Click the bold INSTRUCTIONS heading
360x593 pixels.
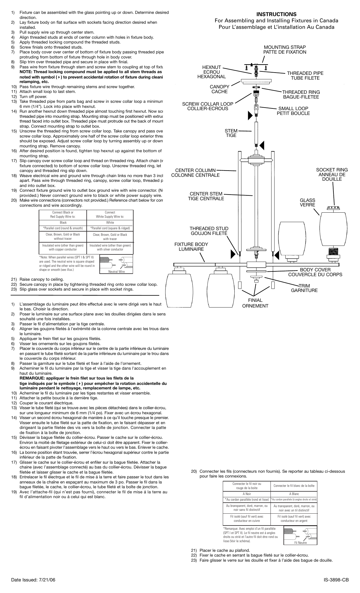pos(276,14)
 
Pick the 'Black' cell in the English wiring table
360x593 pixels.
pos(63,223)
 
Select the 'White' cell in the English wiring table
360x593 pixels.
pos(110,223)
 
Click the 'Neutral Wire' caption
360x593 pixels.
pos(116,272)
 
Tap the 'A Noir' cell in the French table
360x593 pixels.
pos(246,494)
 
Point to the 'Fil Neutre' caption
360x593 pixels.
pos(300,543)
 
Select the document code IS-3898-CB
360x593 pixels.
pos(336,580)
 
